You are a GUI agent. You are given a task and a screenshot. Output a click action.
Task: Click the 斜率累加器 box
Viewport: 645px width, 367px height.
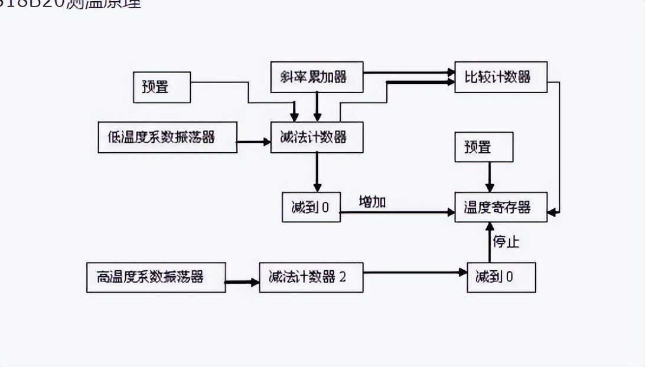[317, 77]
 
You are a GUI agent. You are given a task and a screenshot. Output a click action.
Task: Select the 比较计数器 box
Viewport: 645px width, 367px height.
[501, 77]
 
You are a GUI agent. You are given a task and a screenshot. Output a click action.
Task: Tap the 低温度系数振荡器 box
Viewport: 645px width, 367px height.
[168, 137]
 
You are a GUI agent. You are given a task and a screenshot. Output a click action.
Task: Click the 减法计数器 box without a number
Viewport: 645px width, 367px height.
[317, 137]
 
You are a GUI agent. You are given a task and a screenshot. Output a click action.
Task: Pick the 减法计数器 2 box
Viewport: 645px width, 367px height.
[311, 277]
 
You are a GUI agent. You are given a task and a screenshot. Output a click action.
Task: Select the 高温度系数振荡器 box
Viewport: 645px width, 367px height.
[156, 277]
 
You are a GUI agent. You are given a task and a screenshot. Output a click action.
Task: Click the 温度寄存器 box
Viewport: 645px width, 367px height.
[501, 207]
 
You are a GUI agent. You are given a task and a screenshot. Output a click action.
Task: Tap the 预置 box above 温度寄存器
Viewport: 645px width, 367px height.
[483, 147]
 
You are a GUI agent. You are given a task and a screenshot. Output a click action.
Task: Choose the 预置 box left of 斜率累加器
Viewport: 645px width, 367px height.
[161, 87]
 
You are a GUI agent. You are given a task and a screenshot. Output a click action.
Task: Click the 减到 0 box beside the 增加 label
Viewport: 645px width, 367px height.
[311, 207]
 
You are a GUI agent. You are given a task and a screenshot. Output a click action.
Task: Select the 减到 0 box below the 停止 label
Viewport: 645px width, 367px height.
[501, 277]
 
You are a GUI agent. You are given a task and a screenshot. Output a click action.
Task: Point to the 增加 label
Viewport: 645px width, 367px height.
[373, 201]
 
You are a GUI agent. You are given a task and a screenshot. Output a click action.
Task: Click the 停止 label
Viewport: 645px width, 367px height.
[506, 242]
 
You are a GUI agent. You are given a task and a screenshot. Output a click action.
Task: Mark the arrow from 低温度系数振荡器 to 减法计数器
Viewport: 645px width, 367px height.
[253, 142]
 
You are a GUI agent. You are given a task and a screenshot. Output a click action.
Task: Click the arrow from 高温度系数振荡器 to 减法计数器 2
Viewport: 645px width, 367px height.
[242, 282]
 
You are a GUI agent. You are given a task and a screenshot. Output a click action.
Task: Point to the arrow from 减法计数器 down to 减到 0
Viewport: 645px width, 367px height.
[317, 172]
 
